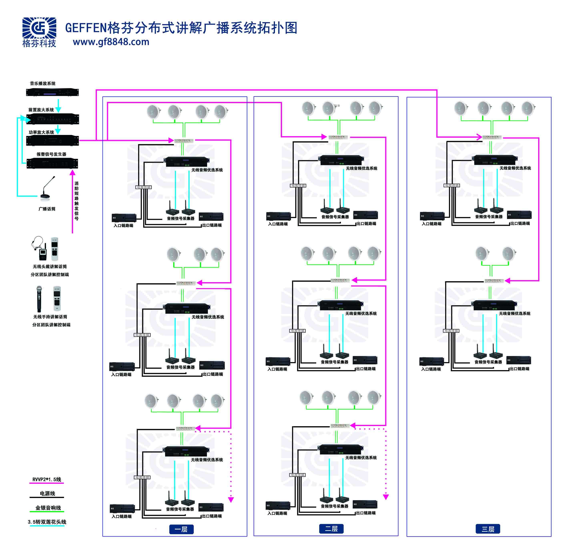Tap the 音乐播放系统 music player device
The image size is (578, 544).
(x=52, y=92)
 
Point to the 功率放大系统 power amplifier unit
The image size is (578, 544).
(x=52, y=141)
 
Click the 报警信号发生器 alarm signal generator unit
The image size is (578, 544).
(x=52, y=163)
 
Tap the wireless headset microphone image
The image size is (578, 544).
(x=39, y=248)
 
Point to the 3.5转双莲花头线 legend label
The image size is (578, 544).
(x=47, y=522)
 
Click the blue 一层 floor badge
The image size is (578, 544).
(x=181, y=529)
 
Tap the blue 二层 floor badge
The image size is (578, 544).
(x=331, y=529)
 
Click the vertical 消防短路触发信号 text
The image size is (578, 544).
(x=76, y=201)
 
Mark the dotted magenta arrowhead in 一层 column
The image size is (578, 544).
(x=231, y=500)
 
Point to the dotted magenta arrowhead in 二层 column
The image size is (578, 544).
(x=386, y=497)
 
